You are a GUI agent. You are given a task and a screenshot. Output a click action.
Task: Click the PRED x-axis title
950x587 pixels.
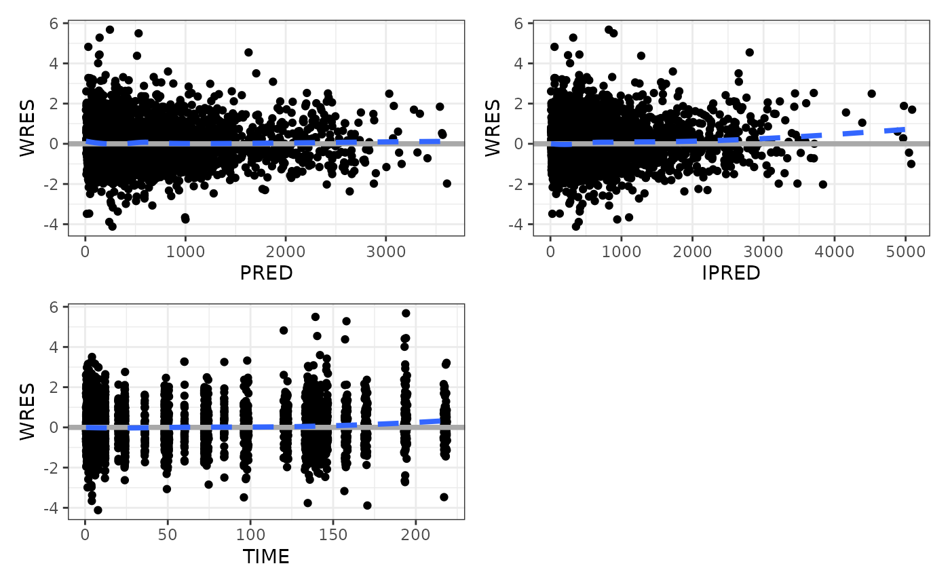click(266, 273)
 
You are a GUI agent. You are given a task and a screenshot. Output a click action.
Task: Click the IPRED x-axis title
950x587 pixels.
click(731, 273)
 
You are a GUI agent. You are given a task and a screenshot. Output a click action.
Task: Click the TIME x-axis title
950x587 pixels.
click(266, 557)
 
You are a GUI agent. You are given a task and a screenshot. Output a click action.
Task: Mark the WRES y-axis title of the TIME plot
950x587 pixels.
click(27, 412)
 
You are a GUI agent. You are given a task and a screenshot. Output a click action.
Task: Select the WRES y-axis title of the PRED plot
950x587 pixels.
click(27, 128)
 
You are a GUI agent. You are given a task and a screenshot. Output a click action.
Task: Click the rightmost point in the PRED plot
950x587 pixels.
click(446, 183)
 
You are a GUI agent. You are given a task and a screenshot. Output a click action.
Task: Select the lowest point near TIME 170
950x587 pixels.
click(367, 505)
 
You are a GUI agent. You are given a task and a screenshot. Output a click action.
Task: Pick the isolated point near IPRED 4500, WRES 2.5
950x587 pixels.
click(871, 94)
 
